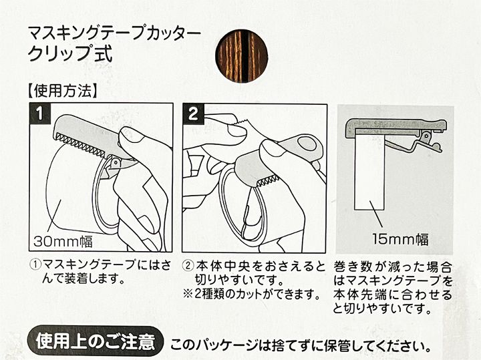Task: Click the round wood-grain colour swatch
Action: [x=242, y=56]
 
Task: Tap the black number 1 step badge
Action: [x=39, y=114]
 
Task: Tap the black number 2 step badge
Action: [x=193, y=114]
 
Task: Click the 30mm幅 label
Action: [x=63, y=242]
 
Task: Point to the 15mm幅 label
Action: [x=400, y=239]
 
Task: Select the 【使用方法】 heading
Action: [x=63, y=91]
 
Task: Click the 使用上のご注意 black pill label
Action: [x=95, y=341]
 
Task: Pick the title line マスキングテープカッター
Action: [x=114, y=34]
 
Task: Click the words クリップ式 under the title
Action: [x=70, y=54]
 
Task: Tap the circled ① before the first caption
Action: [x=35, y=264]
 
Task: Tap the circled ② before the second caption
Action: [x=188, y=264]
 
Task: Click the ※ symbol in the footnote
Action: [x=188, y=295]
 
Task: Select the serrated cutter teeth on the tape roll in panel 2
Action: [x=267, y=181]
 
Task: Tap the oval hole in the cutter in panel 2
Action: [x=307, y=144]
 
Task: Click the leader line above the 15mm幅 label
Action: [x=377, y=214]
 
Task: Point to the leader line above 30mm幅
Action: [x=54, y=215]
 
